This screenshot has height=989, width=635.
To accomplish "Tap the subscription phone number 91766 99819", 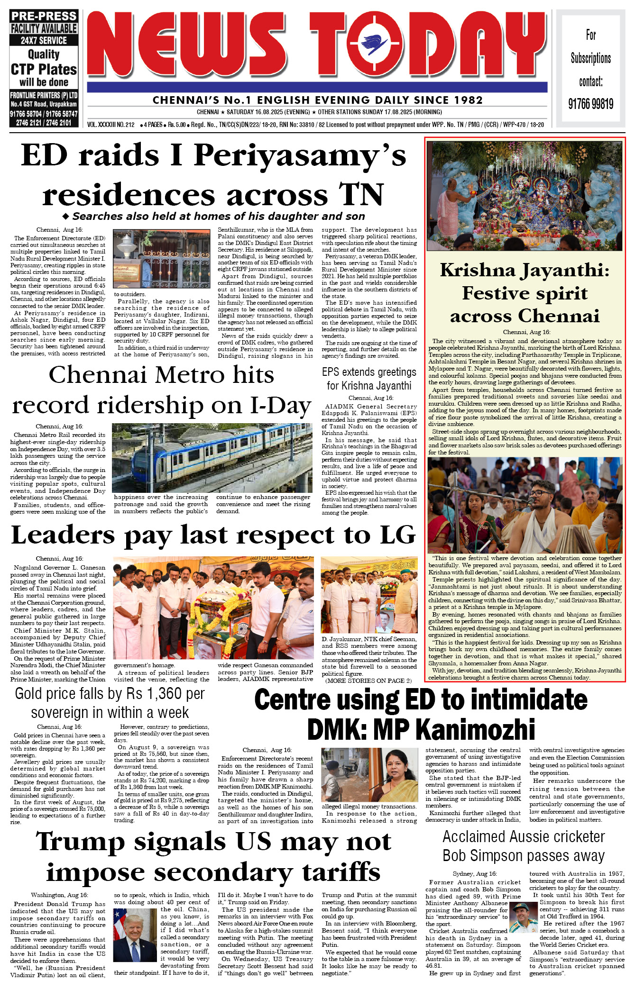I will tap(590, 104).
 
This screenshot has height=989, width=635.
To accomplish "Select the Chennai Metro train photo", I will tap(212, 458).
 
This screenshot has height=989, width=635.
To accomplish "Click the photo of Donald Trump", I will tap(135, 934).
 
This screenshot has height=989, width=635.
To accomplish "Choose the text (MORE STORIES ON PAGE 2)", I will tap(368, 681).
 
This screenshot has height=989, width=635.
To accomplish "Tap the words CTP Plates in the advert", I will tap(44, 69).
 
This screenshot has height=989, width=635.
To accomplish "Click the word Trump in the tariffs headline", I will tap(81, 842).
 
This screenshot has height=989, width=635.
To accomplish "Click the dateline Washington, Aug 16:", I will tap(59, 895).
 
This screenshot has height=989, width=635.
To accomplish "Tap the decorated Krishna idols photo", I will tap(524, 196).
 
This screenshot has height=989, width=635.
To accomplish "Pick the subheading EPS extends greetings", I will tap(369, 372).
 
